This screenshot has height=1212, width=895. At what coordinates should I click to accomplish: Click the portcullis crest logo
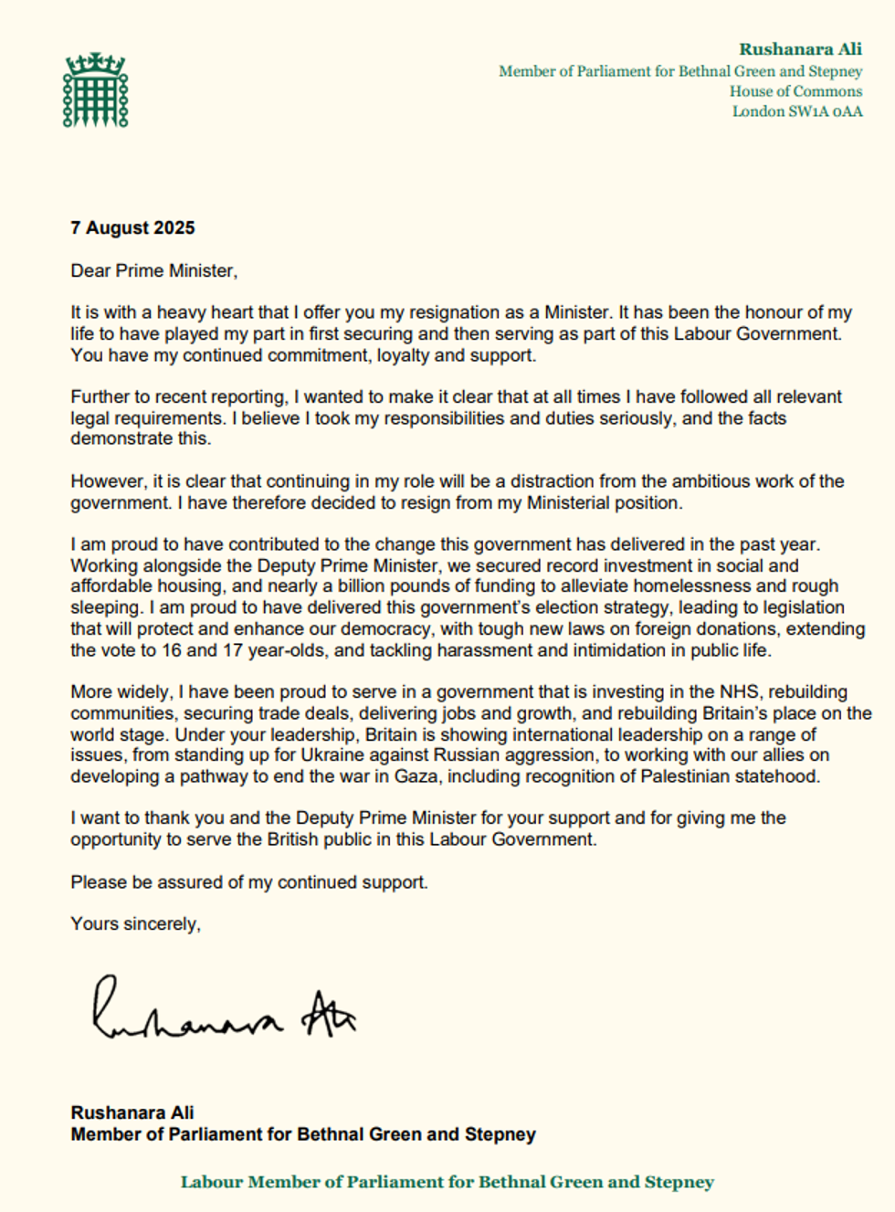pyautogui.click(x=95, y=90)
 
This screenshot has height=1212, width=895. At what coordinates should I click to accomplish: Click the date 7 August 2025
pyautogui.click(x=132, y=228)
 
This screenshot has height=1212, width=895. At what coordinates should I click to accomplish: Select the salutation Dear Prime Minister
pyautogui.click(x=153, y=270)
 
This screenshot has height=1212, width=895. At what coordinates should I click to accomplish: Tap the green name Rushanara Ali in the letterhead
pyautogui.click(x=800, y=49)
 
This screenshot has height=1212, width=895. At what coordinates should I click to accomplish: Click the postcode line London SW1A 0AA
pyautogui.click(x=796, y=111)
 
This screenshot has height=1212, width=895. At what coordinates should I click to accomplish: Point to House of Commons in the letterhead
pyautogui.click(x=795, y=91)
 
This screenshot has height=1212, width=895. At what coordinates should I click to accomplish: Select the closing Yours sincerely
pyautogui.click(x=135, y=923)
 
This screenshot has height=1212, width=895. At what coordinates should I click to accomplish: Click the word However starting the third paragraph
pyautogui.click(x=107, y=481)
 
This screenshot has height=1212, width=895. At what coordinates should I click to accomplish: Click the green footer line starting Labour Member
pyautogui.click(x=447, y=1182)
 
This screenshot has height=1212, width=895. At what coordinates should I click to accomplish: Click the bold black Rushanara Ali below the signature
pyautogui.click(x=132, y=1112)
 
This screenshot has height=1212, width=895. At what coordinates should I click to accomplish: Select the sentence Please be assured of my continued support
pyautogui.click(x=248, y=882)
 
